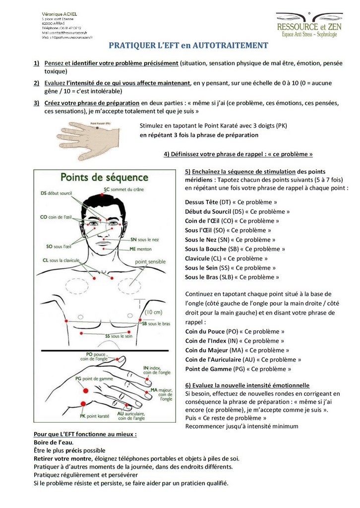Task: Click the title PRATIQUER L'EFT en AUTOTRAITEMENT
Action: (x=188, y=46)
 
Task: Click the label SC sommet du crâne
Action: (x=125, y=189)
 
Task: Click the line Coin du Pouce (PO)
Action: (x=235, y=331)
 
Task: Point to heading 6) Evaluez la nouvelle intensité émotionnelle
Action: (x=247, y=385)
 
